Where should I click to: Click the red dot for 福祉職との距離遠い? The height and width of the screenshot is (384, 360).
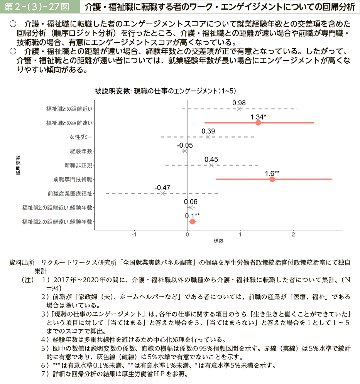click(258, 123)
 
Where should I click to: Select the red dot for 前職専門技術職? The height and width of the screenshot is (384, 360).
click(272, 179)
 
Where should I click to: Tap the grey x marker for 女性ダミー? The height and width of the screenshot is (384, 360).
click(208, 137)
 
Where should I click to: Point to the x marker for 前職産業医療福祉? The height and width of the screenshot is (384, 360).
click(162, 193)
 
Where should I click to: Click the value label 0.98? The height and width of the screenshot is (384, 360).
click(239, 103)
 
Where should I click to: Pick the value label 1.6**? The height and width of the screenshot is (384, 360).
click(272, 173)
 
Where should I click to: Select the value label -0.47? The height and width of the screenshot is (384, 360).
click(162, 187)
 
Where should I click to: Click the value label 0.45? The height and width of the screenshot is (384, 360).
click(211, 159)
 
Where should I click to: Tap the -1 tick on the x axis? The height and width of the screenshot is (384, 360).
click(134, 234)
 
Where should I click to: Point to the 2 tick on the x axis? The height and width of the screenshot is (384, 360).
click(294, 234)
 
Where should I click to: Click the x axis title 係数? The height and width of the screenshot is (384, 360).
click(219, 241)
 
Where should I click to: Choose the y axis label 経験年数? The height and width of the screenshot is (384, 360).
click(81, 151)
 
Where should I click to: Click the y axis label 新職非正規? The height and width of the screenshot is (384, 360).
click(78, 165)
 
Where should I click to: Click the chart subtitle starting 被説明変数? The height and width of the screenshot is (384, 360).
click(165, 91)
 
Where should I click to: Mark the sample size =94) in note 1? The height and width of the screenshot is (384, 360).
click(54, 288)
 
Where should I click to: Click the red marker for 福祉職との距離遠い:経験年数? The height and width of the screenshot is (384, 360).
click(193, 222)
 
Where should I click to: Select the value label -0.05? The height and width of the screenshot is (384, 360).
click(185, 145)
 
